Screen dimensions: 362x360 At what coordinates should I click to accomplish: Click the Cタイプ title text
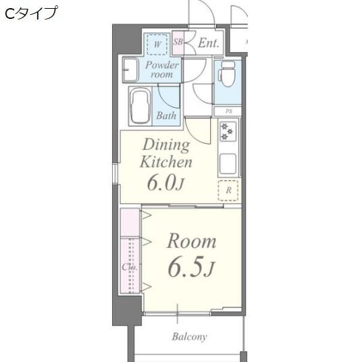click(x=30, y=13)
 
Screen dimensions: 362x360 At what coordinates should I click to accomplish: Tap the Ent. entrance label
click(x=208, y=43)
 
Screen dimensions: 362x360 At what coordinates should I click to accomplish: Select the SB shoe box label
click(x=178, y=43)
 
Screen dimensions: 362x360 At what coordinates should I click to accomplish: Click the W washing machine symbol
click(x=157, y=44)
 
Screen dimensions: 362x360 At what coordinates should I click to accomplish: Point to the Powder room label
click(x=162, y=70)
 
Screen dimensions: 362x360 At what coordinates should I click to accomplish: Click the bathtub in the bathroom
click(x=140, y=106)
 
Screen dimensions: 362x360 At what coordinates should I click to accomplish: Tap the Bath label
click(x=166, y=115)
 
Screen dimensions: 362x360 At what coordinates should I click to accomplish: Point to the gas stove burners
click(x=227, y=131)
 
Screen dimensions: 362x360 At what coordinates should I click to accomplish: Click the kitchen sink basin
click(x=228, y=163)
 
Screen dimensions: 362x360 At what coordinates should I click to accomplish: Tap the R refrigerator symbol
click(x=228, y=190)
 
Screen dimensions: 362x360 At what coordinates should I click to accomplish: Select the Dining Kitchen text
click(x=165, y=153)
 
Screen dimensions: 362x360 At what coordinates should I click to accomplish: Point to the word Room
click(x=191, y=241)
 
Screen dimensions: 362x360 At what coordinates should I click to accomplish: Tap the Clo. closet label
click(x=130, y=267)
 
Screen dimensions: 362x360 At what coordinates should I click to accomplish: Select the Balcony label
click(x=189, y=336)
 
